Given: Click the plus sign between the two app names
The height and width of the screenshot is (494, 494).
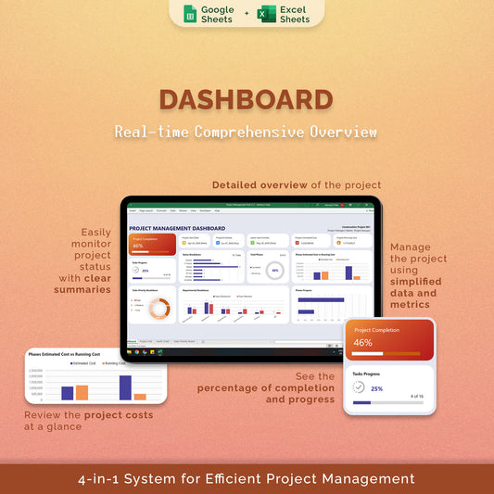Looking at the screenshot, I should point(246,14).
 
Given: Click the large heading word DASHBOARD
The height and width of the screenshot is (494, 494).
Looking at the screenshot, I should point(246,101).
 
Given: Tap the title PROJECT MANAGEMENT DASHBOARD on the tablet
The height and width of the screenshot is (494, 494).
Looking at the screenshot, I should point(177,227).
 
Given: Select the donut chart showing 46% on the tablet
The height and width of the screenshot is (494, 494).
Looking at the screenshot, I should point(274,271).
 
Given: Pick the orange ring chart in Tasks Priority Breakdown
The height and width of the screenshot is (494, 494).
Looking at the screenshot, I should point(158,310).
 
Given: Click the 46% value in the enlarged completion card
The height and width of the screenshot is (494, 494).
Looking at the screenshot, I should point(362,342).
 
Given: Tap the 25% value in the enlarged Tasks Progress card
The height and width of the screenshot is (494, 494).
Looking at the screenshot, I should point(376,388).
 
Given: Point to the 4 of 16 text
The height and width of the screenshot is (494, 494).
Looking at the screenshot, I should point(415,396).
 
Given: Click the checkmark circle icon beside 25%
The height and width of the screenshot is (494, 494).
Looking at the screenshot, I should point(360,388).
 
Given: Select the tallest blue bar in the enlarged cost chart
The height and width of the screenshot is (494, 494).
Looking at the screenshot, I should point(125,386).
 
